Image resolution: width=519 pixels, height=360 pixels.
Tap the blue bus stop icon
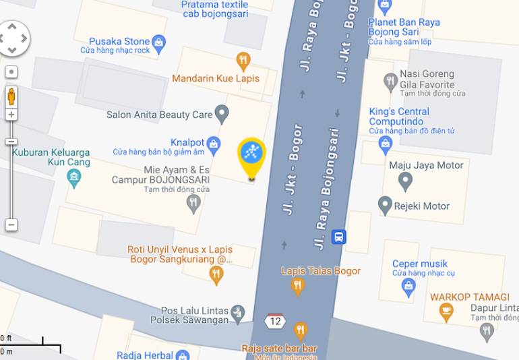[x=338, y=237]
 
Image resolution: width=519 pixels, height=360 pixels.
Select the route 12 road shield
[x=275, y=321]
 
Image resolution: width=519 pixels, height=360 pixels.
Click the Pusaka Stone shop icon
[x=159, y=44]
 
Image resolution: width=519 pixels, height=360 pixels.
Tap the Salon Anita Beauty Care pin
[x=222, y=113]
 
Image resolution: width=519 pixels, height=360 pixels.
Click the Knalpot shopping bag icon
[x=214, y=144]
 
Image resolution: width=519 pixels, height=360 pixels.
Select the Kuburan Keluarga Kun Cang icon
[x=74, y=179]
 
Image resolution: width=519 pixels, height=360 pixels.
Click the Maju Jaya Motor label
[x=426, y=165]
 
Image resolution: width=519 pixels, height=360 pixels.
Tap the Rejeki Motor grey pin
[x=385, y=204]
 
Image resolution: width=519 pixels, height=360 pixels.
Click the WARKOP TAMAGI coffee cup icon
[x=446, y=311]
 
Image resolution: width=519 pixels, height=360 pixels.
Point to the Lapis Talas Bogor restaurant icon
[x=298, y=286]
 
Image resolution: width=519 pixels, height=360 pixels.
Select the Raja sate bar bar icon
[x=301, y=331]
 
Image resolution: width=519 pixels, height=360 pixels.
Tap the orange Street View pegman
[x=11, y=96]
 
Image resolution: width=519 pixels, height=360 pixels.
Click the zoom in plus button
[x=11, y=115]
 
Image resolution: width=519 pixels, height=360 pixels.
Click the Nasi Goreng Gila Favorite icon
[x=390, y=82]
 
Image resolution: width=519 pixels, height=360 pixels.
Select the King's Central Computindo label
[x=399, y=117]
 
